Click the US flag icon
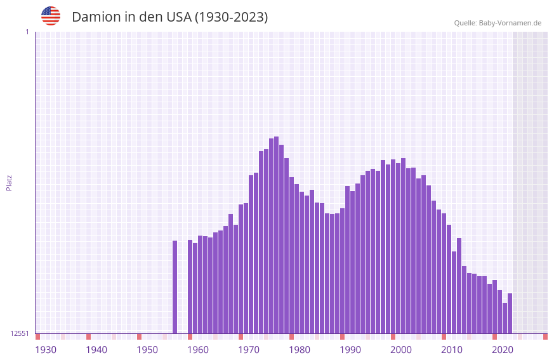pyautogui.click(x=51, y=16)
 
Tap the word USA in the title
pyautogui.click(x=178, y=17)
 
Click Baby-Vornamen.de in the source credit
pyautogui.click(x=510, y=23)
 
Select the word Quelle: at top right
pyautogui.click(x=465, y=23)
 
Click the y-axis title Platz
pyautogui.click(x=9, y=182)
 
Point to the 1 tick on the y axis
pyautogui.click(x=27, y=32)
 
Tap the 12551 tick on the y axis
pyautogui.click(x=19, y=333)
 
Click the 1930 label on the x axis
pyautogui.click(x=46, y=350)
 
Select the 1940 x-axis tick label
pyautogui.click(x=96, y=350)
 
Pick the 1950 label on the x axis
pyautogui.click(x=147, y=350)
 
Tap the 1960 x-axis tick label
pyautogui.click(x=198, y=350)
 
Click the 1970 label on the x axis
pyautogui.click(x=249, y=350)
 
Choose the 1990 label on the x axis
pyautogui.click(x=350, y=350)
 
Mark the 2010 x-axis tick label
pyautogui.click(x=452, y=350)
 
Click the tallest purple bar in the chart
pyautogui.click(x=277, y=235)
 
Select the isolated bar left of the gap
pyautogui.click(x=175, y=287)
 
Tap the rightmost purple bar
pyautogui.click(x=510, y=314)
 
